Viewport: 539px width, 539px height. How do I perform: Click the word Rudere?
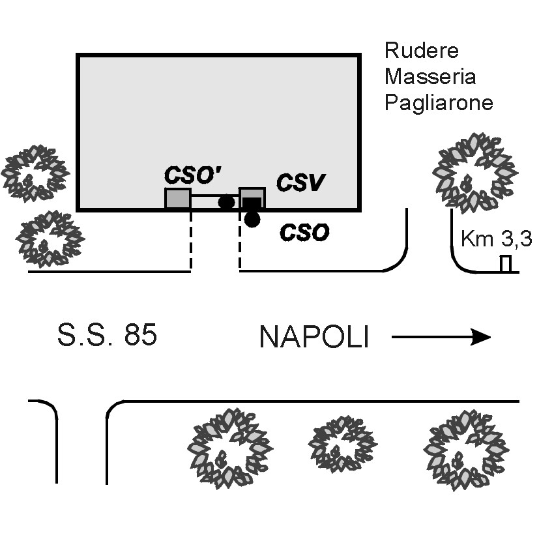(422, 51)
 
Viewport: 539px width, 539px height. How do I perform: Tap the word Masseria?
(430, 76)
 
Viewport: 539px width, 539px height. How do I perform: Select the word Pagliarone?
(439, 102)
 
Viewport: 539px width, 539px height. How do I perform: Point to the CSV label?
(300, 182)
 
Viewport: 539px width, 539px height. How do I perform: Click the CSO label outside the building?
(304, 233)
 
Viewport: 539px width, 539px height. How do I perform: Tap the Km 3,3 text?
(497, 239)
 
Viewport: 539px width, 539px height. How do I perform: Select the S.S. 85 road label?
(107, 334)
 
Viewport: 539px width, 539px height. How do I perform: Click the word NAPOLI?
(314, 337)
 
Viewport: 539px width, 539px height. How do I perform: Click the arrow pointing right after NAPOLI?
(441, 337)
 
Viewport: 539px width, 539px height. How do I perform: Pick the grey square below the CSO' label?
(178, 198)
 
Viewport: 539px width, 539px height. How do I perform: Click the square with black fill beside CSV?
(252, 198)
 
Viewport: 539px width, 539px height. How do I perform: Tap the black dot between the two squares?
(227, 202)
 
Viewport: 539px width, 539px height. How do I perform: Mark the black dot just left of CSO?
(252, 219)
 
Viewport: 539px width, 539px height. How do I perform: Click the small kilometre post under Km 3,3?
(505, 264)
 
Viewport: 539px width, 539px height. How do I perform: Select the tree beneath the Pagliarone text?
(475, 173)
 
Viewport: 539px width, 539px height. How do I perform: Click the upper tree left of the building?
(35, 173)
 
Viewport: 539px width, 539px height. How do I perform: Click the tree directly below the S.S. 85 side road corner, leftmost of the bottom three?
(230, 448)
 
